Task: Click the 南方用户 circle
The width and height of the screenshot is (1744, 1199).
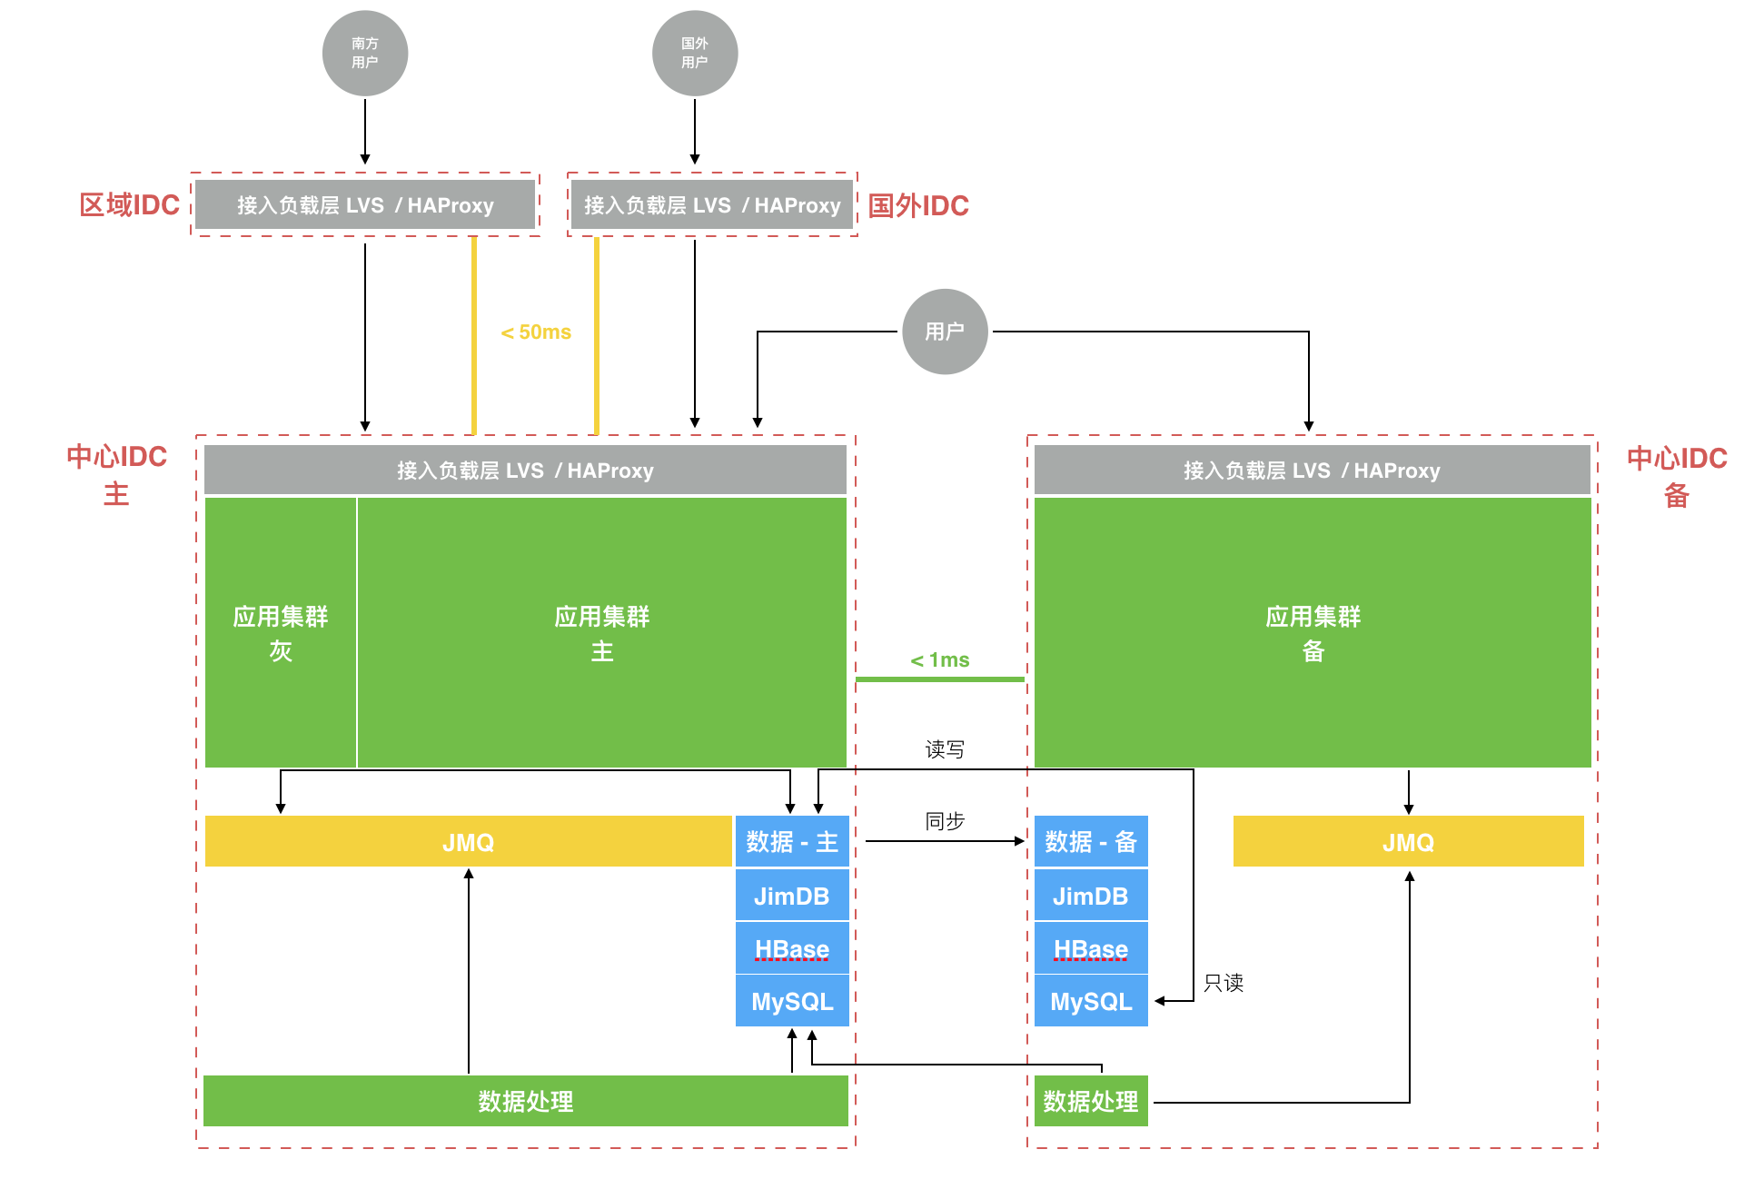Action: (365, 53)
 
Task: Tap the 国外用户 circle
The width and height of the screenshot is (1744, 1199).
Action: (695, 53)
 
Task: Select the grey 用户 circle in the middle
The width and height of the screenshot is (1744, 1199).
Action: (945, 332)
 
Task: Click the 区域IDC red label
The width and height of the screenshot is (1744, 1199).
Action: (129, 205)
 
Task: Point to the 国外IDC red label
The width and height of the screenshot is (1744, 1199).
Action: (918, 206)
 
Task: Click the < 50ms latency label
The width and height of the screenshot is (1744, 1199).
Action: (536, 332)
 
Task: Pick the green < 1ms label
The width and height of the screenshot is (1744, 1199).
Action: (940, 660)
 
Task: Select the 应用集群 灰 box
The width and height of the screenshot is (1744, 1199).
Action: (281, 632)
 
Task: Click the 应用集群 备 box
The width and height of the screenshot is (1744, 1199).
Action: (1313, 632)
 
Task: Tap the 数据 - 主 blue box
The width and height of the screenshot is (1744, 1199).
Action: (792, 842)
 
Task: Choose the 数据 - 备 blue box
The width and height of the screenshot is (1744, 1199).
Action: (1091, 842)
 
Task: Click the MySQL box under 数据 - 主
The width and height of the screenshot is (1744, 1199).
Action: (792, 1001)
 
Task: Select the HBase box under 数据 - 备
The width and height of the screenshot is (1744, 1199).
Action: (1091, 948)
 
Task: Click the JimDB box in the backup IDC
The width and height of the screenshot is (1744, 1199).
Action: (1091, 896)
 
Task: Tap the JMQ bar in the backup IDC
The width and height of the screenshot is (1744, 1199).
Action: (1408, 842)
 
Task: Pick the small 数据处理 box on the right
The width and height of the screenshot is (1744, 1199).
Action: (1091, 1101)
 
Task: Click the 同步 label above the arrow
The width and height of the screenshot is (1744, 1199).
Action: (945, 821)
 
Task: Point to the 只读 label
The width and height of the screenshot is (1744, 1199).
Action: (1224, 983)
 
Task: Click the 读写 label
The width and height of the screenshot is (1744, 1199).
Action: (945, 749)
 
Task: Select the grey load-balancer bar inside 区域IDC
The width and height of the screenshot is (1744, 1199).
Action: (365, 205)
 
